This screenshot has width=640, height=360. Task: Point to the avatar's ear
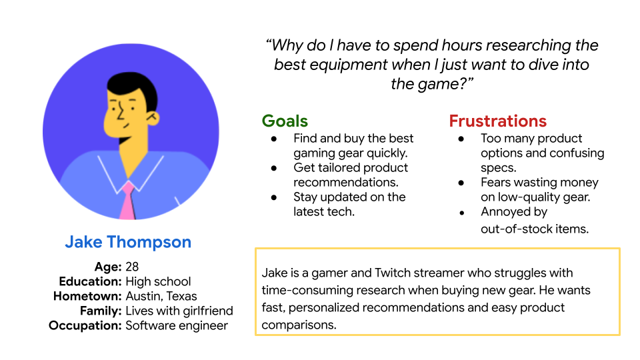pos(153,118)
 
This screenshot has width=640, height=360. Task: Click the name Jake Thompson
pos(128,242)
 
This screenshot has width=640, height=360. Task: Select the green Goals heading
pos(285,121)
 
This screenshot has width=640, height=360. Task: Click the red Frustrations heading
pos(497,121)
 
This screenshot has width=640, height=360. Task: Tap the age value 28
pos(132,267)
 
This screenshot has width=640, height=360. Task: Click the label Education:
pos(90,281)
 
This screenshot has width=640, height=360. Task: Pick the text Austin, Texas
pos(161,296)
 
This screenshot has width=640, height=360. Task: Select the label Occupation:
pos(85,325)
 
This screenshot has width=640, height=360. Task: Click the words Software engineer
pos(177,325)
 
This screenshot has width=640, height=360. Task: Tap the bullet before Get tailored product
pos(274,168)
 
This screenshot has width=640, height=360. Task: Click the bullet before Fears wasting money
pos(461,183)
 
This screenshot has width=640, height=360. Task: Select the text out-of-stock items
pos(535,229)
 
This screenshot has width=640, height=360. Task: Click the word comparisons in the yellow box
pos(299,325)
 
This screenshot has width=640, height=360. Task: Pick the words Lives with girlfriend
pos(179,311)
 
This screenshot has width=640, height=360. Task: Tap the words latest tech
pos(324,211)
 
